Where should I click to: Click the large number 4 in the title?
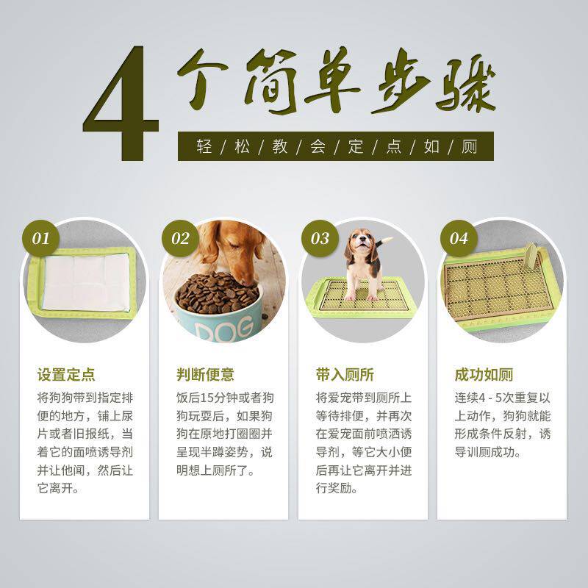click(x=121, y=103)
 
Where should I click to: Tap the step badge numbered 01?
click(x=40, y=238)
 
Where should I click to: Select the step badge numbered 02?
click(x=180, y=238)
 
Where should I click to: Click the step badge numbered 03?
click(x=320, y=238)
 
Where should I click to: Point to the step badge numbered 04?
click(x=459, y=238)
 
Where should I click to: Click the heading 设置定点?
click(x=66, y=375)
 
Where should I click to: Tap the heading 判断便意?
click(x=206, y=375)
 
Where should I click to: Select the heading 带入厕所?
click(x=345, y=375)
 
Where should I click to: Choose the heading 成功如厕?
click(x=484, y=375)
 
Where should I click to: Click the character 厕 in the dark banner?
click(x=469, y=146)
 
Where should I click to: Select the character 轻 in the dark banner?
click(x=204, y=146)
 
